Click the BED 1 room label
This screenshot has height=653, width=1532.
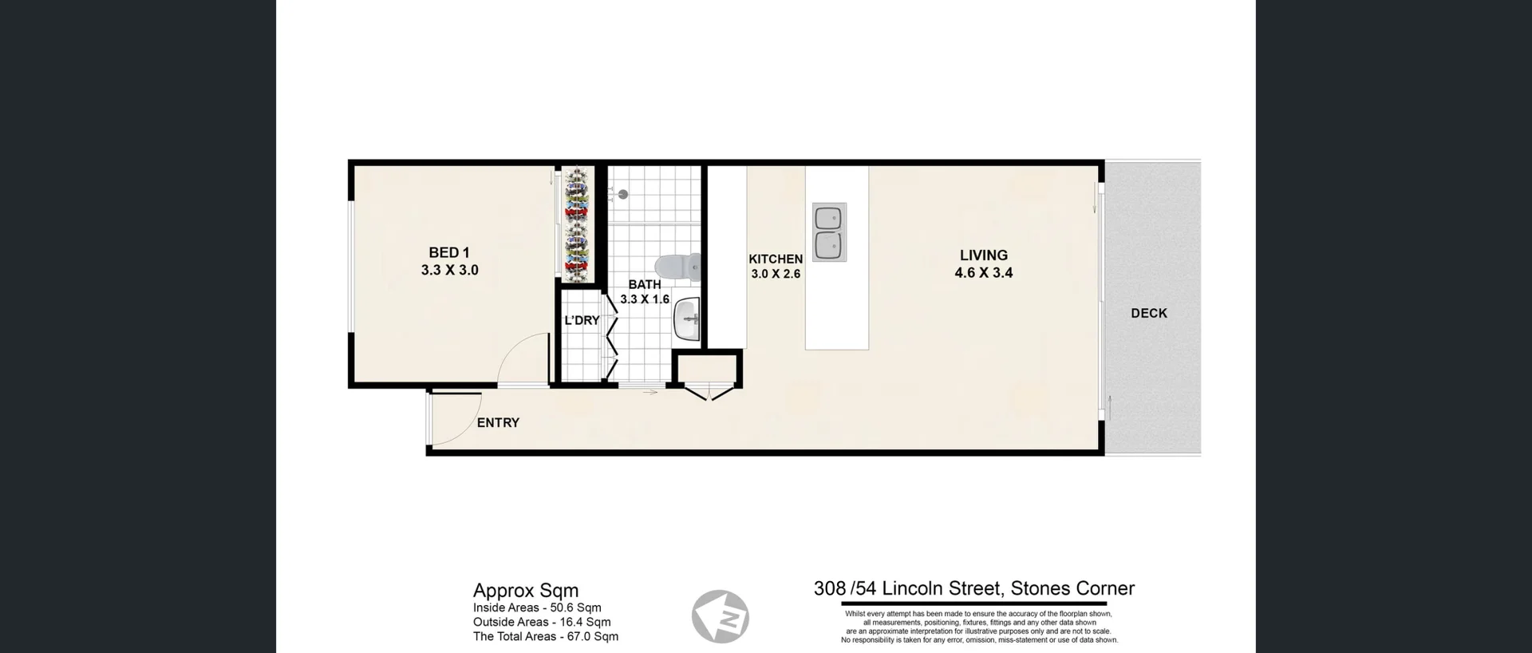pyautogui.click(x=449, y=252)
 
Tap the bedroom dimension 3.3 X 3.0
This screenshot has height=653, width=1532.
pyautogui.click(x=449, y=271)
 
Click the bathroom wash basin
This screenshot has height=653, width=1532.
pyautogui.click(x=686, y=321)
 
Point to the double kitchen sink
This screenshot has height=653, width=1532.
pyautogui.click(x=829, y=232)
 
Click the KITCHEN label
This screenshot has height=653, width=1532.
pyautogui.click(x=775, y=259)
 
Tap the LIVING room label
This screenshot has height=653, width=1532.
pyautogui.click(x=983, y=255)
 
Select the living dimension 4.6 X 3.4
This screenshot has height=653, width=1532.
pyautogui.click(x=983, y=273)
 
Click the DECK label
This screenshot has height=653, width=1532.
pyautogui.click(x=1148, y=314)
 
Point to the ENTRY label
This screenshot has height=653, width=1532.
pyautogui.click(x=498, y=423)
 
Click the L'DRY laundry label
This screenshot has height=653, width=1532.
pyautogui.click(x=582, y=320)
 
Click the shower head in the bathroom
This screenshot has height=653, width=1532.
pyautogui.click(x=622, y=194)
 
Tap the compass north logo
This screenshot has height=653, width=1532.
pyautogui.click(x=720, y=617)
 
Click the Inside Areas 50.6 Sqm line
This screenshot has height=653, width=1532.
pyautogui.click(x=536, y=607)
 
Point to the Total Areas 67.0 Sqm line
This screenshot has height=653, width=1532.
pyautogui.click(x=545, y=636)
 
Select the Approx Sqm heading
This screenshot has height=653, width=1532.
pyautogui.click(x=525, y=591)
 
